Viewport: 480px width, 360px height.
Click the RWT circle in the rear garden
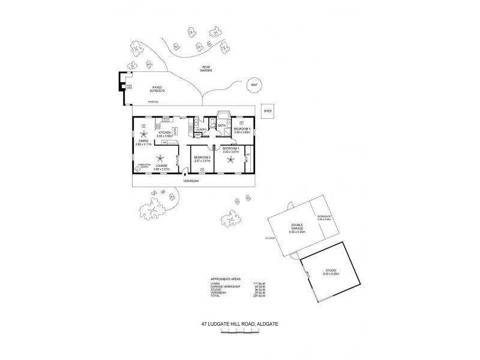(x=254, y=85)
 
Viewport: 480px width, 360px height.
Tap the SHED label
(x=268, y=111)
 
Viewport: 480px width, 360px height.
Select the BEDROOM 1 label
(x=230, y=149)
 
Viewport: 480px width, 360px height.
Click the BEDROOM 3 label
(x=242, y=129)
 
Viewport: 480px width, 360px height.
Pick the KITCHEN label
(x=165, y=133)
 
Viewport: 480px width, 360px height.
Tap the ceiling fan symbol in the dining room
(x=143, y=133)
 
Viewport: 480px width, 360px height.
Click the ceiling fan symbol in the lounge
(x=160, y=158)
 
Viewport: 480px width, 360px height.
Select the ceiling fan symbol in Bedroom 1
(x=230, y=160)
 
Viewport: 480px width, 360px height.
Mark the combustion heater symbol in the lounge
(x=138, y=169)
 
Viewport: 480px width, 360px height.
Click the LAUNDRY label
(x=200, y=129)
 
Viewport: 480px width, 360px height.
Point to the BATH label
(x=221, y=126)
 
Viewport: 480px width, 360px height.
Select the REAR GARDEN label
(x=206, y=69)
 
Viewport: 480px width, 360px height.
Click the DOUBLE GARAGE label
(x=290, y=229)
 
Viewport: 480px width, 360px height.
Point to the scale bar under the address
(x=239, y=332)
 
